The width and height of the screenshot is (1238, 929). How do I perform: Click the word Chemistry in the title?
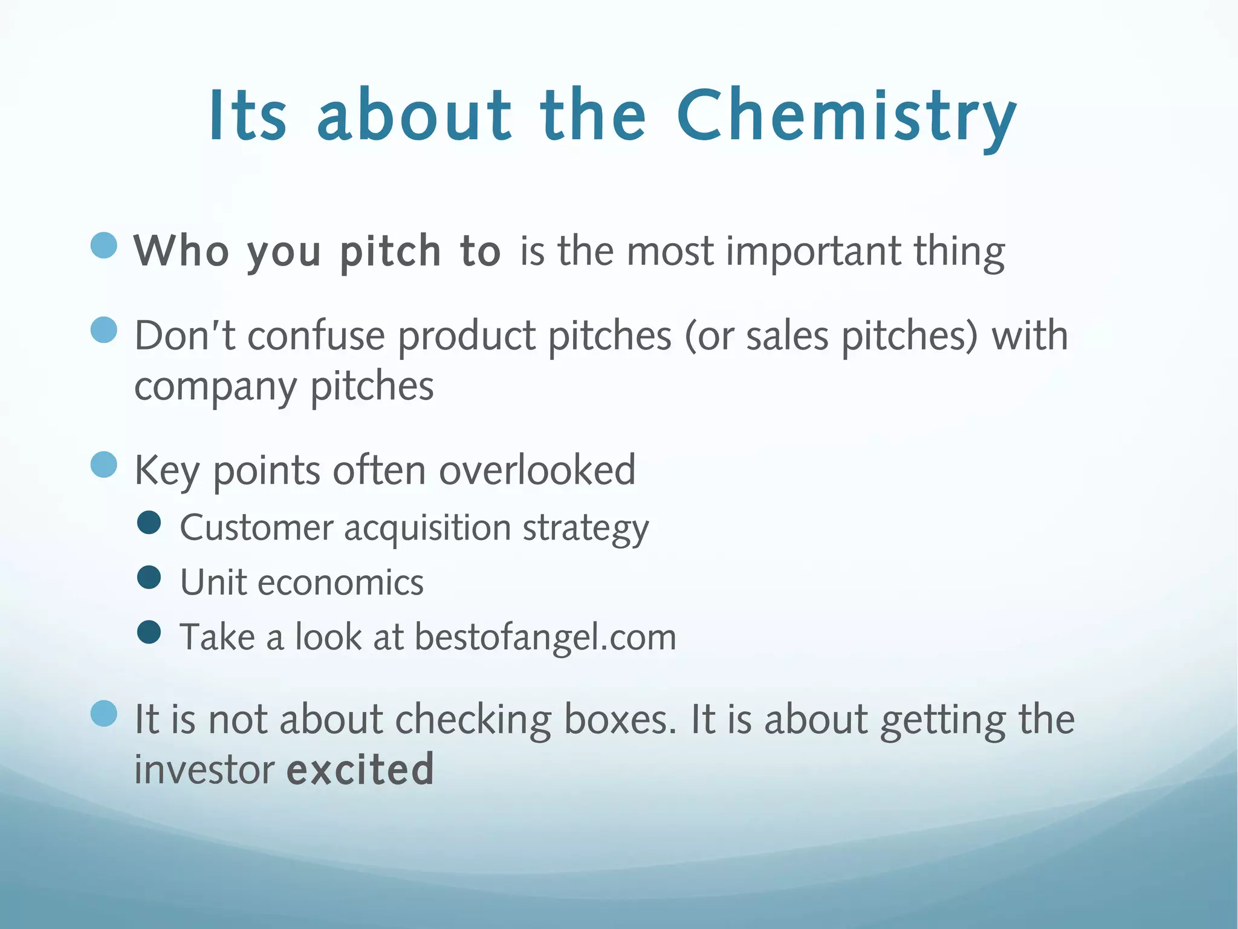[846, 116]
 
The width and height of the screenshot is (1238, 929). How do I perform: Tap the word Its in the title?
[247, 116]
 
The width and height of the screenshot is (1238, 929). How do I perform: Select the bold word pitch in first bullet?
[391, 251]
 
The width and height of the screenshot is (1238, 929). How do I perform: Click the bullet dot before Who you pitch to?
[104, 246]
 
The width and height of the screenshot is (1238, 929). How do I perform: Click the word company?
[215, 387]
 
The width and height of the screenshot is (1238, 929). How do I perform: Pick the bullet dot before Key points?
[104, 464]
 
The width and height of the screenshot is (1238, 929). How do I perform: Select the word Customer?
[256, 527]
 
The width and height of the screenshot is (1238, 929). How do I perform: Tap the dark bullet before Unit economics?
[149, 577]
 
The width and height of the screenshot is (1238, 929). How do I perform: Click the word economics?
[340, 582]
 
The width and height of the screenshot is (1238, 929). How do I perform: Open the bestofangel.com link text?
[545, 637]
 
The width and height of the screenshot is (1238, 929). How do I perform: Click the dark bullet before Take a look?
[149, 632]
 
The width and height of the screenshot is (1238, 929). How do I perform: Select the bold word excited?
[360, 769]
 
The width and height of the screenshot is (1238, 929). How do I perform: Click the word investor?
[204, 769]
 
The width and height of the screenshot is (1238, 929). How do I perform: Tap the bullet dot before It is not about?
[104, 714]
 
